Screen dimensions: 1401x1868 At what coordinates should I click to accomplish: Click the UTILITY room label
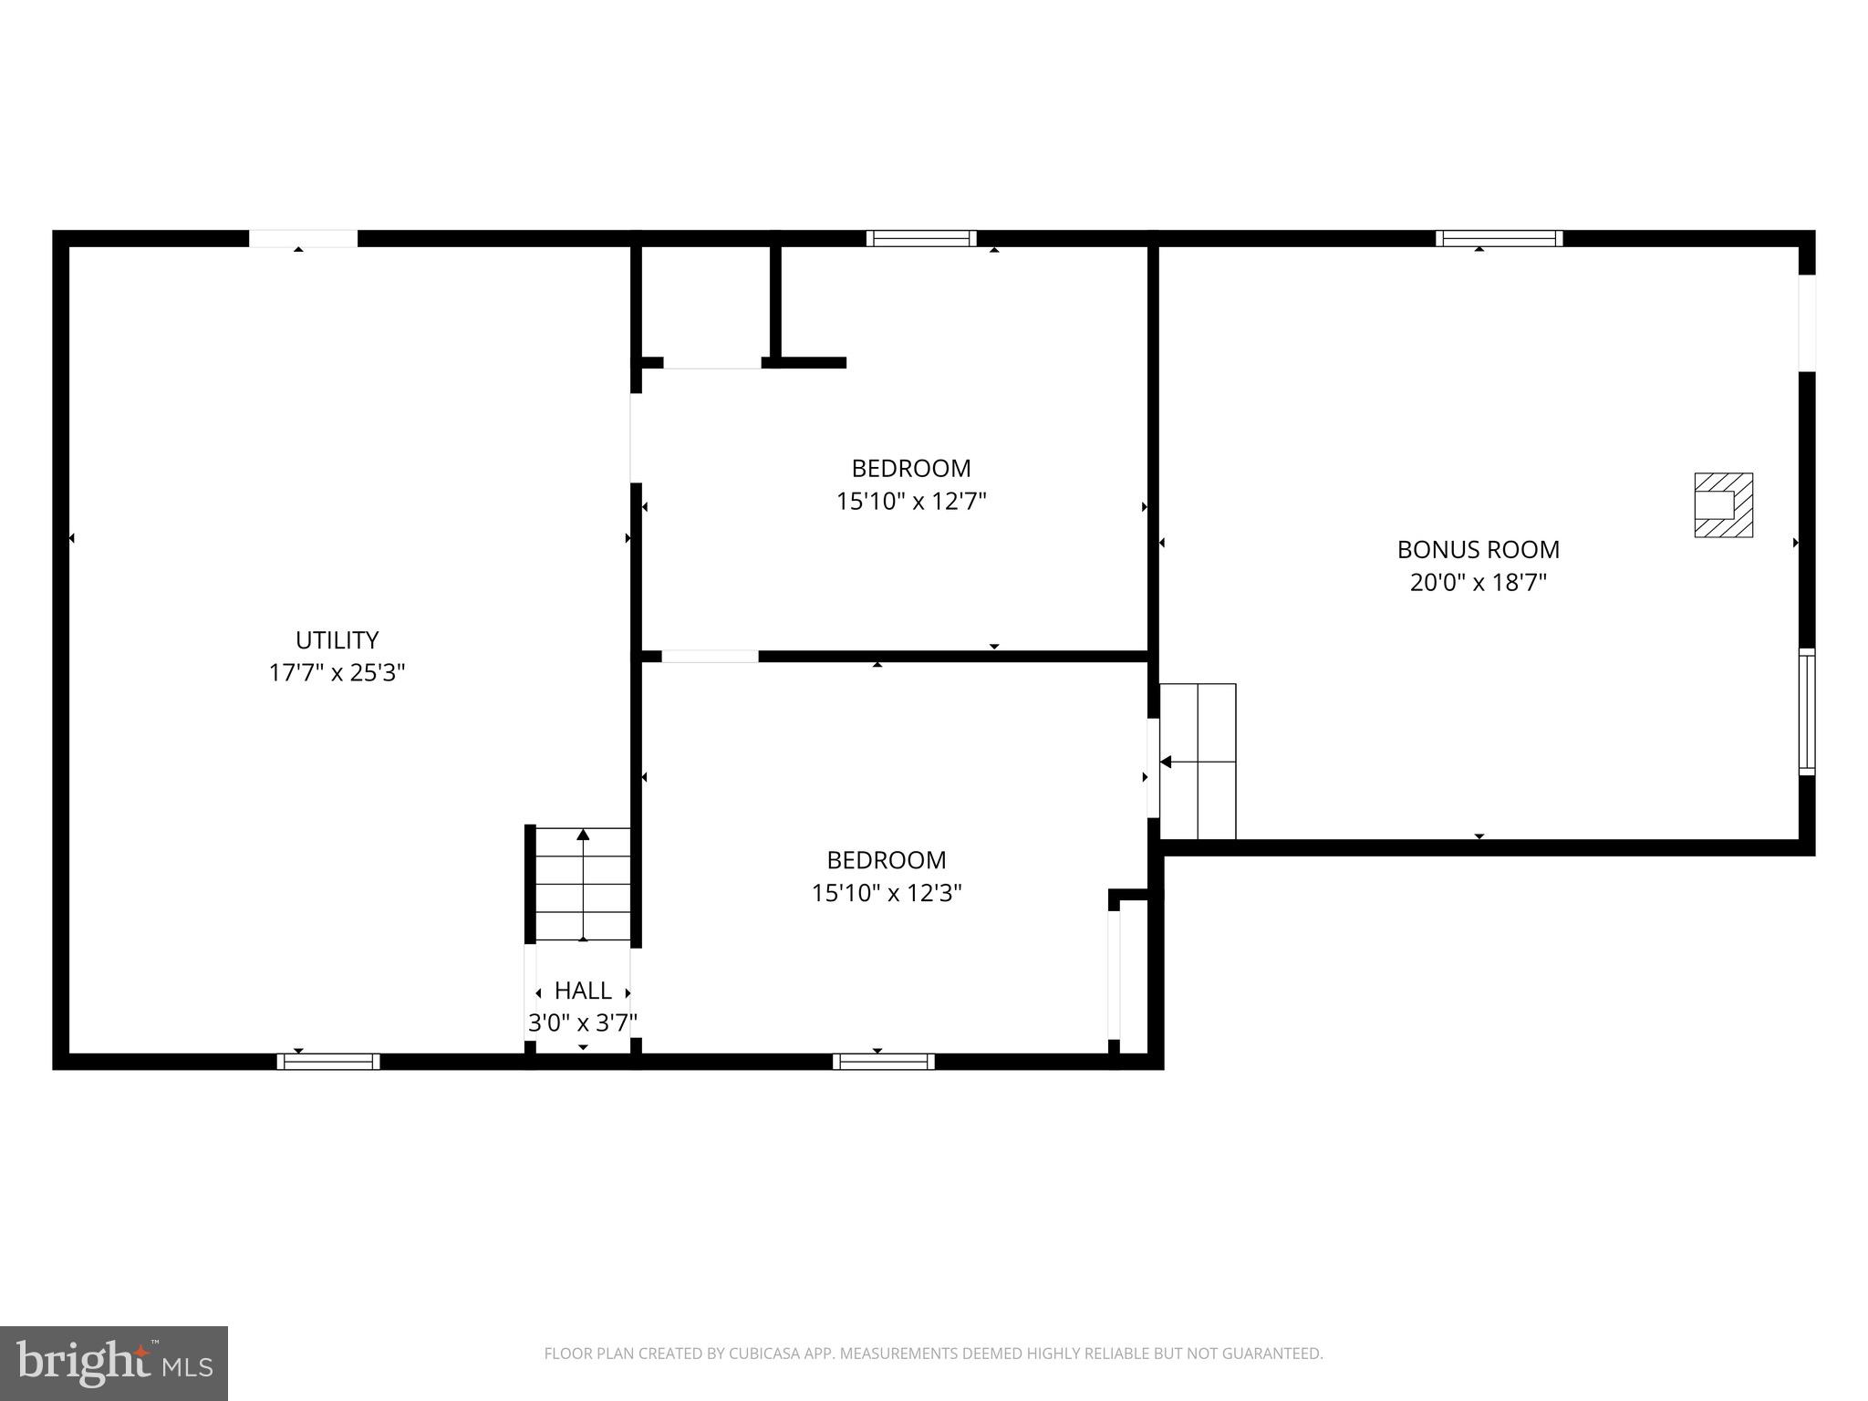(x=337, y=639)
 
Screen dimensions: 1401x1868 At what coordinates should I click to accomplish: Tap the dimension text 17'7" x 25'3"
(x=337, y=673)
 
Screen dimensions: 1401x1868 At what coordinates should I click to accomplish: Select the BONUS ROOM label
(x=1478, y=549)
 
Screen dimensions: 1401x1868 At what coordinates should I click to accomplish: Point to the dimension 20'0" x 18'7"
(x=1478, y=582)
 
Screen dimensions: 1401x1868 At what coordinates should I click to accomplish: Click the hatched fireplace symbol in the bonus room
(x=1723, y=504)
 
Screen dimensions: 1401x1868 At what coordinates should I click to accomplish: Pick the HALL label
(x=583, y=990)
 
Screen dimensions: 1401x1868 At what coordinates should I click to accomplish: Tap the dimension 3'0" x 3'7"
(x=583, y=1022)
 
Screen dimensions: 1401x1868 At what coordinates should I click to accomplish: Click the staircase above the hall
(x=583, y=883)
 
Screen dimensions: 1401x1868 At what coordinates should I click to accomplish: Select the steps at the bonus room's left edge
(x=1198, y=761)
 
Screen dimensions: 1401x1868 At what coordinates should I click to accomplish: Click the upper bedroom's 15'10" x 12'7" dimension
(x=911, y=502)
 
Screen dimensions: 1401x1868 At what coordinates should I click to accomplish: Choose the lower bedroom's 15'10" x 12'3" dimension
(x=887, y=893)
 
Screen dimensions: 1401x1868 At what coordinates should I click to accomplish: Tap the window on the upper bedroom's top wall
(x=921, y=238)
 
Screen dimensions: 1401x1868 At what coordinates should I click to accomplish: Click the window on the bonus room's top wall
(x=1499, y=238)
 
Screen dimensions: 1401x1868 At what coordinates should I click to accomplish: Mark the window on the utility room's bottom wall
(x=328, y=1061)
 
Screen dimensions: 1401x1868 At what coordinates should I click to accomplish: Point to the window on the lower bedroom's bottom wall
(x=883, y=1061)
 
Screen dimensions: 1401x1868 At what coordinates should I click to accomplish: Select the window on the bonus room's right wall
(x=1806, y=711)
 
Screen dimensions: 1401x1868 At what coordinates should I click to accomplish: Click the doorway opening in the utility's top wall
(x=303, y=238)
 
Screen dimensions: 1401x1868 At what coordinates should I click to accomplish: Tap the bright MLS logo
(x=113, y=1363)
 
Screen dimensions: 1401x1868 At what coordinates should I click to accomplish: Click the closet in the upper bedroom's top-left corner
(x=706, y=301)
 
